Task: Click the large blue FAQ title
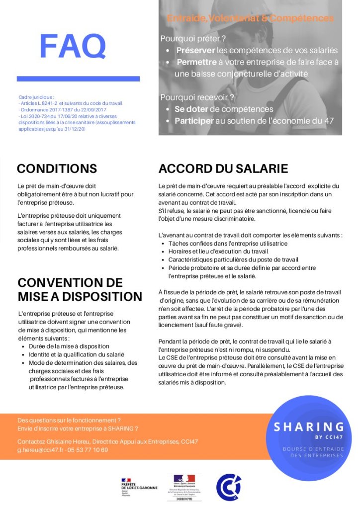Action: click(x=73, y=46)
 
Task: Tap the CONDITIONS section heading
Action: click(x=57, y=168)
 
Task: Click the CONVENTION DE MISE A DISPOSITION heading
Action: click(x=80, y=289)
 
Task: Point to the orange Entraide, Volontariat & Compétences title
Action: click(x=250, y=19)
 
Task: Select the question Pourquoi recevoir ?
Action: click(x=197, y=97)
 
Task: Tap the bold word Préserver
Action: click(x=195, y=50)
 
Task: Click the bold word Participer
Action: click(x=194, y=121)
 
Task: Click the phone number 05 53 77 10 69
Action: click(x=89, y=450)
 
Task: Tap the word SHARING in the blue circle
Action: click(x=309, y=426)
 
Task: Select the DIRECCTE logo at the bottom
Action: click(x=184, y=488)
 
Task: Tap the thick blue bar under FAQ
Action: click(x=78, y=79)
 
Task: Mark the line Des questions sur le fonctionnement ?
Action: click(x=69, y=420)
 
